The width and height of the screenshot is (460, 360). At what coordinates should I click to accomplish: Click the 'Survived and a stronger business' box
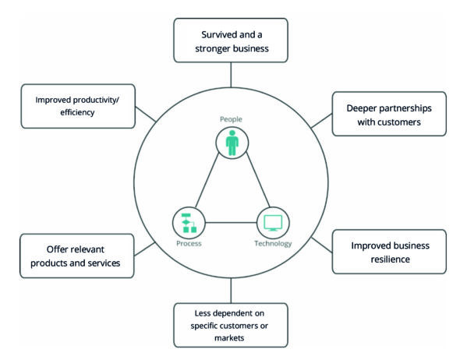click(x=231, y=41)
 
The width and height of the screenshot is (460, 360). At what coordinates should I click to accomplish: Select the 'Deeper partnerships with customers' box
click(x=389, y=114)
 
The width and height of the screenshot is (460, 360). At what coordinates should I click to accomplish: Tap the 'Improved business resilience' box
click(x=389, y=252)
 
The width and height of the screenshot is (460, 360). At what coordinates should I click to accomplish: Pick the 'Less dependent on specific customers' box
click(x=231, y=325)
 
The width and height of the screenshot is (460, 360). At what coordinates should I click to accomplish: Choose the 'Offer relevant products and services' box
click(x=77, y=256)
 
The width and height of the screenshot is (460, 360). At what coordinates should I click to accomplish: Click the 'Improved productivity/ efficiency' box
click(x=78, y=106)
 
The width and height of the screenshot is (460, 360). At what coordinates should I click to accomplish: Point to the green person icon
click(x=232, y=143)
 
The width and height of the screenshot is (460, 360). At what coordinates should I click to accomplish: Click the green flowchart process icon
click(x=189, y=223)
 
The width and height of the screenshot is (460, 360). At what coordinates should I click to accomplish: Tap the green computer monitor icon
click(x=273, y=223)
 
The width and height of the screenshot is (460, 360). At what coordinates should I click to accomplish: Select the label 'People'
click(x=232, y=119)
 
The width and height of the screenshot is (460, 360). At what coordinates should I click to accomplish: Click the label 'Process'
click(x=189, y=244)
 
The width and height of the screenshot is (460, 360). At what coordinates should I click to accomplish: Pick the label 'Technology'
click(x=273, y=244)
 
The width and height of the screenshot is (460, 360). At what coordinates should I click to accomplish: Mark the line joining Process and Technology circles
click(x=231, y=223)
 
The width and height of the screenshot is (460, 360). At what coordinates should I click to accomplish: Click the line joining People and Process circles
click(x=207, y=180)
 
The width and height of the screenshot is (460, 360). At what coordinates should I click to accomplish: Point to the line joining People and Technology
click(x=258, y=180)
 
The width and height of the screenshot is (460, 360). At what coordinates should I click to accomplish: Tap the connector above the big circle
click(x=231, y=75)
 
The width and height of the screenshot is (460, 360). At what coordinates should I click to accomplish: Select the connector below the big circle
click(x=231, y=291)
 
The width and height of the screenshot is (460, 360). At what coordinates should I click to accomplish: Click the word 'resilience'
click(x=390, y=259)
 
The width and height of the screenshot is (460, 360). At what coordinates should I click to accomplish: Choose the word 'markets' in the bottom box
click(x=229, y=338)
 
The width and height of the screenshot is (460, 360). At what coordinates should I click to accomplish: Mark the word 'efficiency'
click(x=77, y=112)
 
